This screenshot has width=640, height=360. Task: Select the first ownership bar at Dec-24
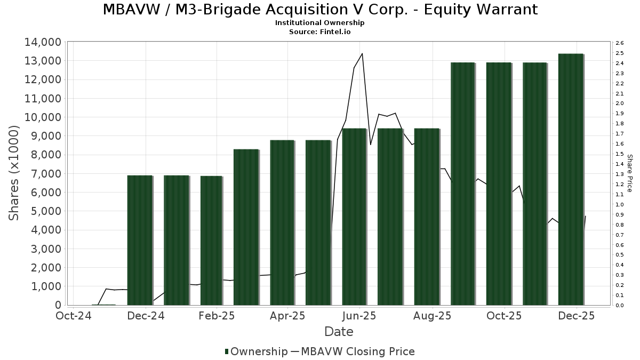coord(140,240)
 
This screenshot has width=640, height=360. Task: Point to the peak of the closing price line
coord(362,53)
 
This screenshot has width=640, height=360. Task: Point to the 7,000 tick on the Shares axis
coord(44,174)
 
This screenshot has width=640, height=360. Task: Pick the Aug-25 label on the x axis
coord(433,316)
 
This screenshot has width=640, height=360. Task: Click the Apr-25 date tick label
coord(287,316)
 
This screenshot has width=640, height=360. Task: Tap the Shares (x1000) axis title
coord(14,173)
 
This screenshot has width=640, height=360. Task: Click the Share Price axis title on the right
coord(629,173)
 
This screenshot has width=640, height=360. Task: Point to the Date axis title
coord(339,332)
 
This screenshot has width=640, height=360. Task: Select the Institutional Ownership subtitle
coord(319,23)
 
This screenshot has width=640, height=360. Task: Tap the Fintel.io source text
coord(335,32)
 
